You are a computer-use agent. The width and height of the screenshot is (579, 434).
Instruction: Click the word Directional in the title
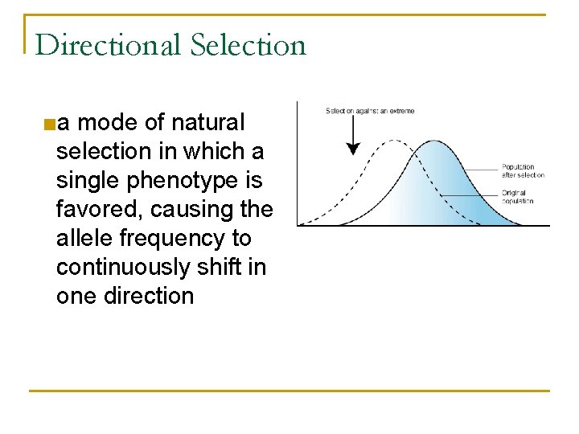point(109,45)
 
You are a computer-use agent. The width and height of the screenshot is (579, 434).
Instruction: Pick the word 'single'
point(88,181)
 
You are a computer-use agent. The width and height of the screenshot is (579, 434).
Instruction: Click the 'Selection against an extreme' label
point(369,110)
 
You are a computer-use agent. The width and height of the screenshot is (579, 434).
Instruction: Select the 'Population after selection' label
point(523,171)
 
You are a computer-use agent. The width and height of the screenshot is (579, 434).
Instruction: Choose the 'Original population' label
point(518,197)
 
